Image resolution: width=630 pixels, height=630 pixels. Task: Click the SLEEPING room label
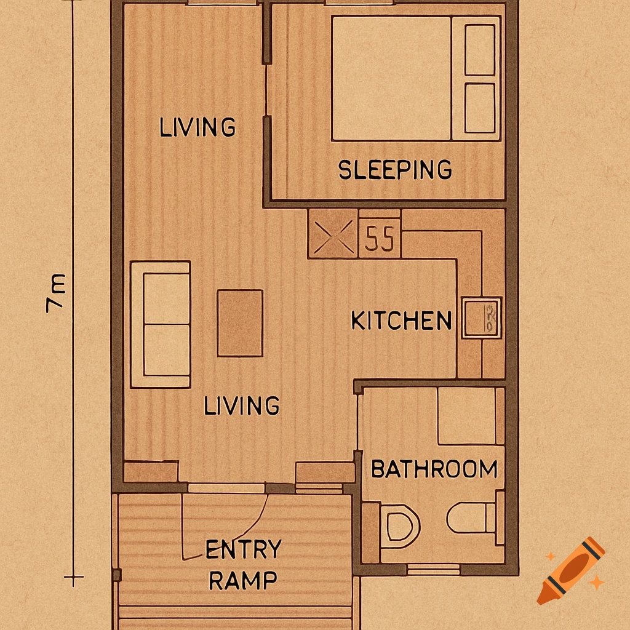pyautogui.click(x=395, y=169)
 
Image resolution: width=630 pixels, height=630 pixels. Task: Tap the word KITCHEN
pyautogui.click(x=401, y=321)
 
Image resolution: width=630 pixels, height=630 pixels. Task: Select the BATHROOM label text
pyautogui.click(x=434, y=469)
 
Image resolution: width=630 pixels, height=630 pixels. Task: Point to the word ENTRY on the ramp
pyautogui.click(x=244, y=549)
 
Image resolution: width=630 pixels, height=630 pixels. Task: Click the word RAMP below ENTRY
pyautogui.click(x=242, y=580)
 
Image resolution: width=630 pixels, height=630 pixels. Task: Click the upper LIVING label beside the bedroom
pyautogui.click(x=197, y=127)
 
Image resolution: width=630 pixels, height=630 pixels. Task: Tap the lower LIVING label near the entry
pyautogui.click(x=242, y=405)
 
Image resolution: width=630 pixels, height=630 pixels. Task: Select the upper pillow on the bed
pyautogui.click(x=480, y=50)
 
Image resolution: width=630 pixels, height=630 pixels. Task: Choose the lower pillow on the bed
pyautogui.click(x=480, y=108)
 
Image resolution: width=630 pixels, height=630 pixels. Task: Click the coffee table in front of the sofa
pyautogui.click(x=240, y=323)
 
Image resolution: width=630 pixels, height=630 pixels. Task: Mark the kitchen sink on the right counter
pyautogui.click(x=482, y=317)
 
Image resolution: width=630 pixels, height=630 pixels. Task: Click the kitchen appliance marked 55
pyautogui.click(x=380, y=239)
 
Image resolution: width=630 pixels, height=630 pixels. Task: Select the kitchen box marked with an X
pyautogui.click(x=332, y=234)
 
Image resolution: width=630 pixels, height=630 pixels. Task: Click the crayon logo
pyautogui.click(x=570, y=570)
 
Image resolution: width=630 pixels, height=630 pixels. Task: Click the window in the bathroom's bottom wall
pyautogui.click(x=433, y=570)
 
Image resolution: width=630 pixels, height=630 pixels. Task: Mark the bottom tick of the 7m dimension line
pyautogui.click(x=74, y=578)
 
